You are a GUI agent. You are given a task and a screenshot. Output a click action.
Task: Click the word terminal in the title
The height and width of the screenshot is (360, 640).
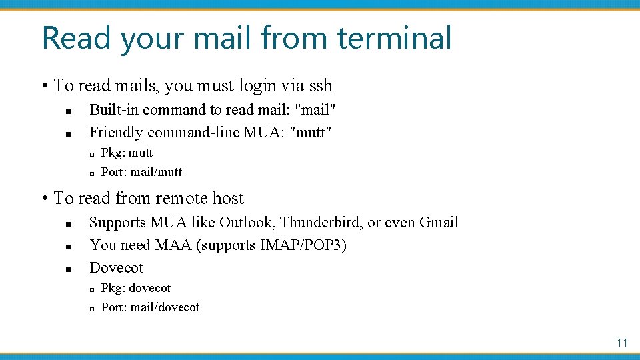[x=395, y=38]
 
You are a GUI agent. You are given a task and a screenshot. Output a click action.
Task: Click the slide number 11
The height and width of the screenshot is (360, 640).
[x=622, y=343]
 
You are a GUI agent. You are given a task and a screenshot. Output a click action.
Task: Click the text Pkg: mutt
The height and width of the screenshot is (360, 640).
[x=127, y=153]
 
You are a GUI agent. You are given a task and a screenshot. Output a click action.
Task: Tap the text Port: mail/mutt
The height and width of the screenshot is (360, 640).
[x=141, y=172]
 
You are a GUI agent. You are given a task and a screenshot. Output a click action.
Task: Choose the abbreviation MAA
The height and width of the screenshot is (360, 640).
[x=173, y=245]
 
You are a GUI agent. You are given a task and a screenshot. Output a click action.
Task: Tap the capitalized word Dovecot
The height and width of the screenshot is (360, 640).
[x=116, y=267]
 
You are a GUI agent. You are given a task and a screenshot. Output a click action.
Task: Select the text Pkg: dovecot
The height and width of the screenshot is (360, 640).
[x=135, y=288]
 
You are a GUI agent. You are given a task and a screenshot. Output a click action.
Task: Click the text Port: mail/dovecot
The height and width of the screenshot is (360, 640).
[x=150, y=307]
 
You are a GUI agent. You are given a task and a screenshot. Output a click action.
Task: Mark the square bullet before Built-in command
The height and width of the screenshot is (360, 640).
[x=68, y=111]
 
